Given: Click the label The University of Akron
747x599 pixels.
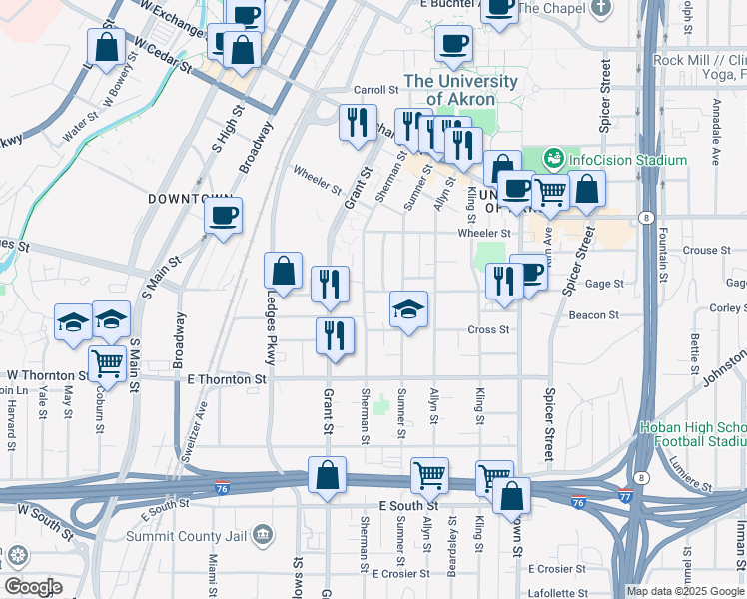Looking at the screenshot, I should point(460,90).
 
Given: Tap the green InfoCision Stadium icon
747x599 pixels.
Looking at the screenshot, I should point(553,159).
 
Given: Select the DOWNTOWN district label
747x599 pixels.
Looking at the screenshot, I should point(190,199).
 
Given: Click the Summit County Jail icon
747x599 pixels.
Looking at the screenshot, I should point(263,535).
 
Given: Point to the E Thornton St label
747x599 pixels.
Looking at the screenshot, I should point(227,379).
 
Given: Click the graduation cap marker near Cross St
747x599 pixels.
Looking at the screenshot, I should point(408,310).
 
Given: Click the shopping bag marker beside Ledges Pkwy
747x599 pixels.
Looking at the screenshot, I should point(284,271).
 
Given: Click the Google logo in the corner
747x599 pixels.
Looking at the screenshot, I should point(33,587).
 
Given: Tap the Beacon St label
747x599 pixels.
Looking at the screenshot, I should point(593,314).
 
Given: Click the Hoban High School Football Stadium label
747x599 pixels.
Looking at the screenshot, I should point(692,434).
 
